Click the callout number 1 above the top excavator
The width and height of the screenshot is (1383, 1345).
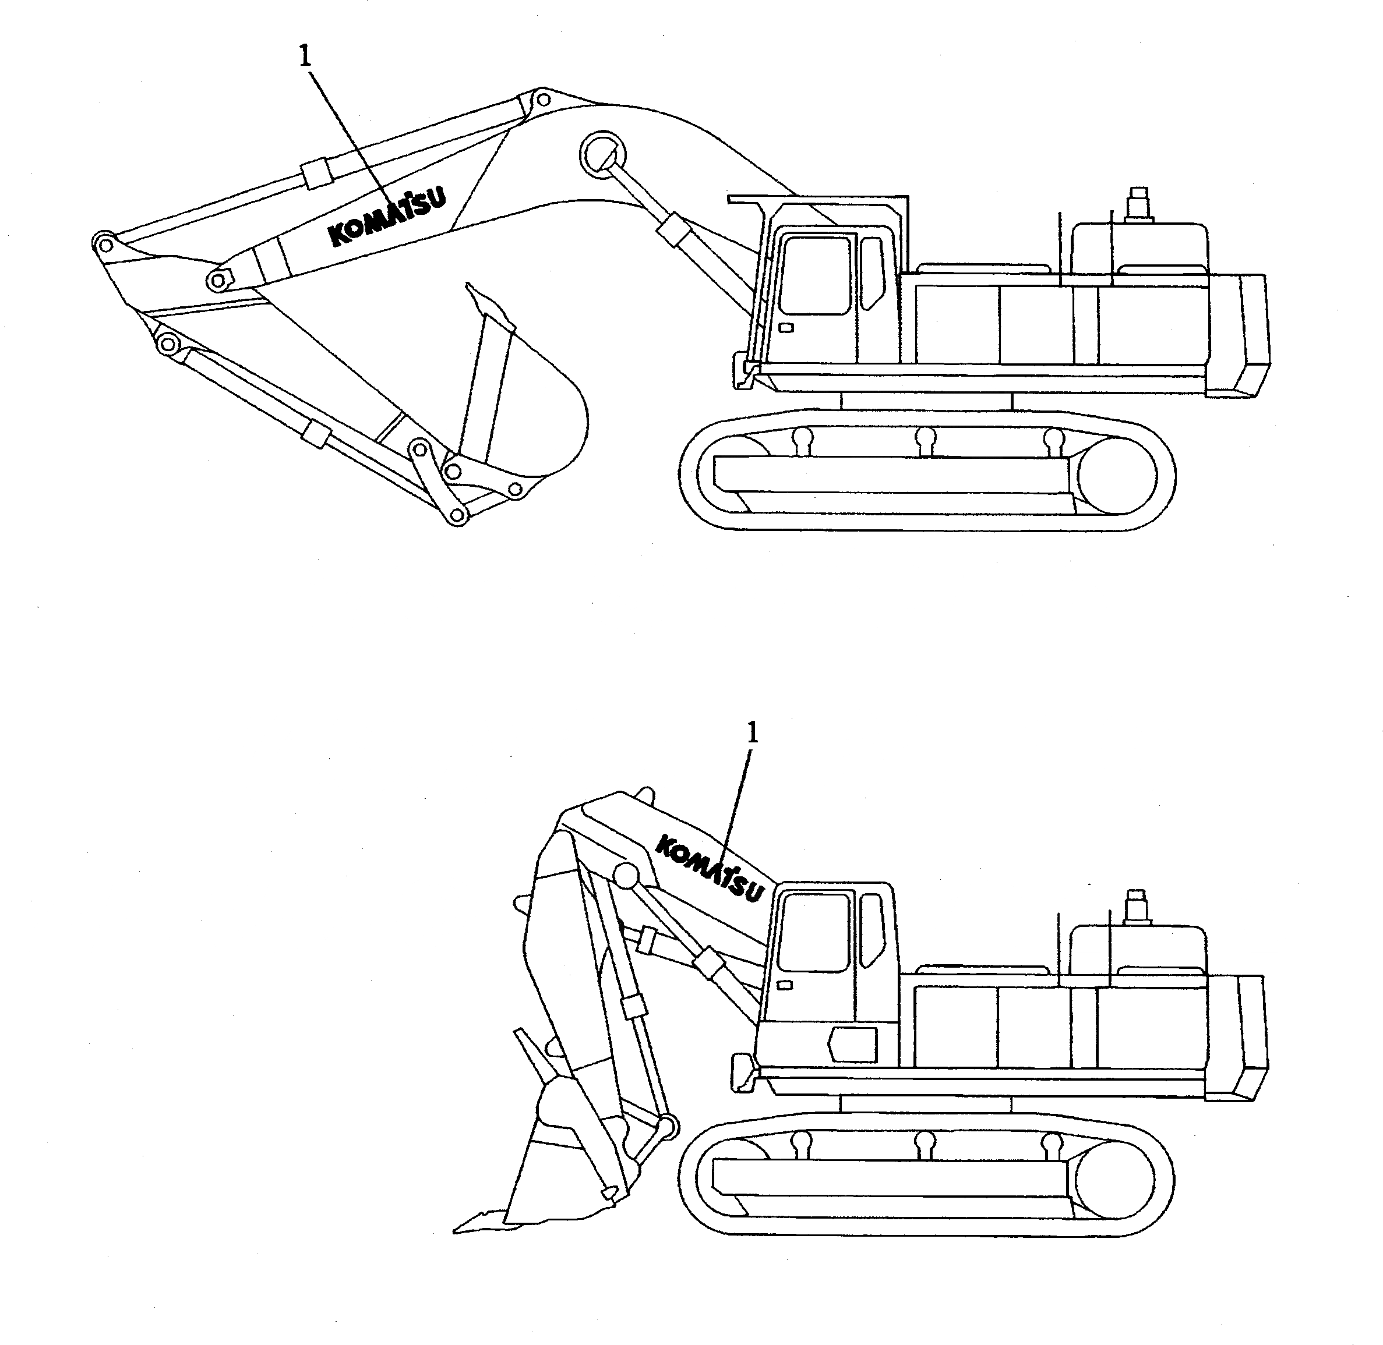(305, 56)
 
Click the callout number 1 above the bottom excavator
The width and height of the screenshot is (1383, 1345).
(753, 733)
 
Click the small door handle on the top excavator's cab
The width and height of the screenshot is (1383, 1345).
(785, 328)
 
